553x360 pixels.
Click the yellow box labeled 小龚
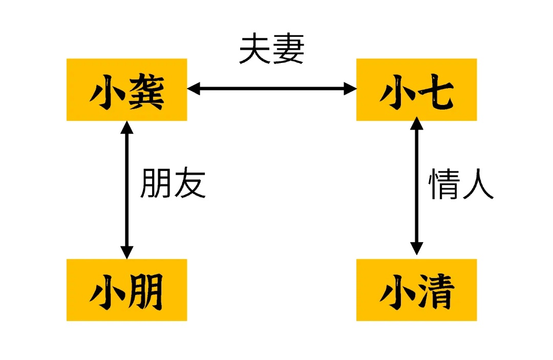[x=126, y=90]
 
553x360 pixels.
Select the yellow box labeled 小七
[x=416, y=90]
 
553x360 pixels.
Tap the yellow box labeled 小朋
[x=126, y=290]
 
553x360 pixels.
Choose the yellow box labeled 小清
[x=416, y=290]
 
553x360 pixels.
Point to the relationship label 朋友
[x=173, y=184]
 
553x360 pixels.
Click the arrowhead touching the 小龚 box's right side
[x=194, y=89]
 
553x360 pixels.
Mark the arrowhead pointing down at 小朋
[x=126, y=252]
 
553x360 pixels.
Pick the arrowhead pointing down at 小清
[x=417, y=248]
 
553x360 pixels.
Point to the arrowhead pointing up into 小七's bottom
[x=417, y=123]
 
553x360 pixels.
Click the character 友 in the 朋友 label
[x=189, y=184]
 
